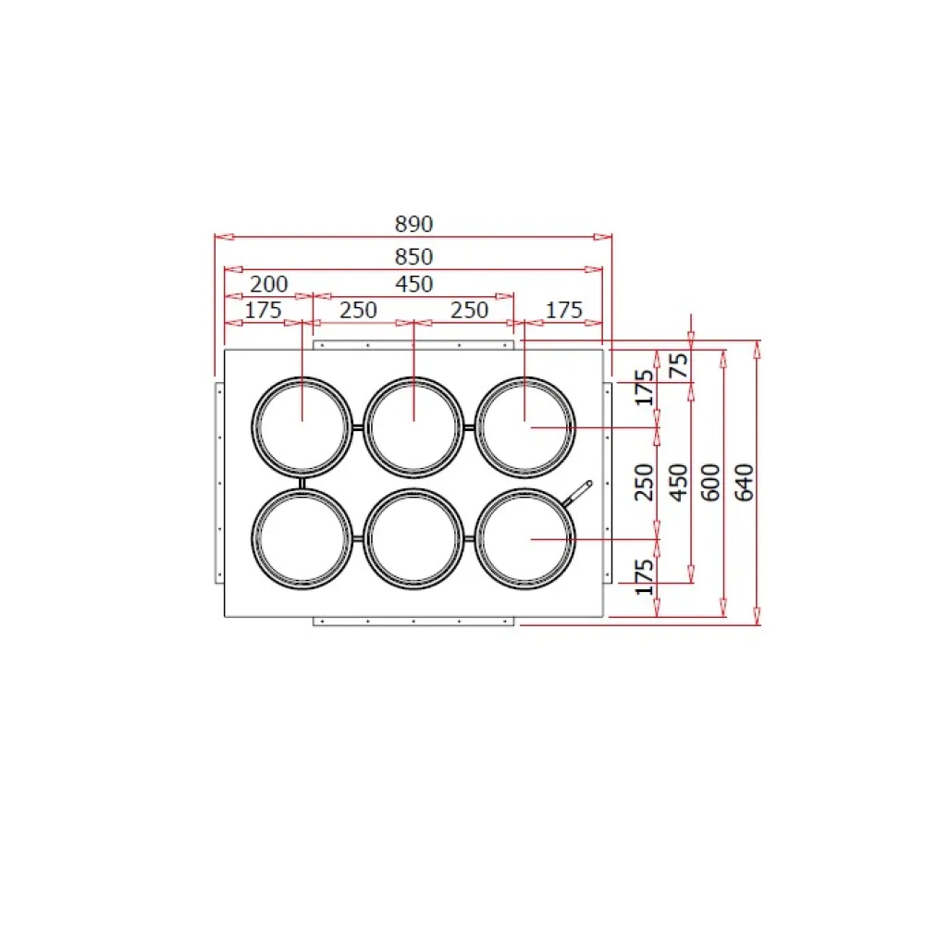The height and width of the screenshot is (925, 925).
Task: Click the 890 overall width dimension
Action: click(x=414, y=224)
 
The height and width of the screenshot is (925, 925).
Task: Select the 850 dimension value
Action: click(x=414, y=256)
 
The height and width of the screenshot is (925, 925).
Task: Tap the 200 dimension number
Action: click(x=269, y=284)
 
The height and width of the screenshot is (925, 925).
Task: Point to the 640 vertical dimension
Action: click(x=745, y=483)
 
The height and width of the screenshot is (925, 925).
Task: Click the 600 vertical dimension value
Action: click(x=710, y=483)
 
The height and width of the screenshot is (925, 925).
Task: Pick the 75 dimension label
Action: click(x=678, y=365)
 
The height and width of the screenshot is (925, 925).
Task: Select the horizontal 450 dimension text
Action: click(x=414, y=284)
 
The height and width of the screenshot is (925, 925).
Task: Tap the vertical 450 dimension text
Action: click(x=678, y=483)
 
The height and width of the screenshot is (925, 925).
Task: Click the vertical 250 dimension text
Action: click(x=644, y=483)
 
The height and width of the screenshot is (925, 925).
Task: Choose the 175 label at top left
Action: click(x=263, y=310)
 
